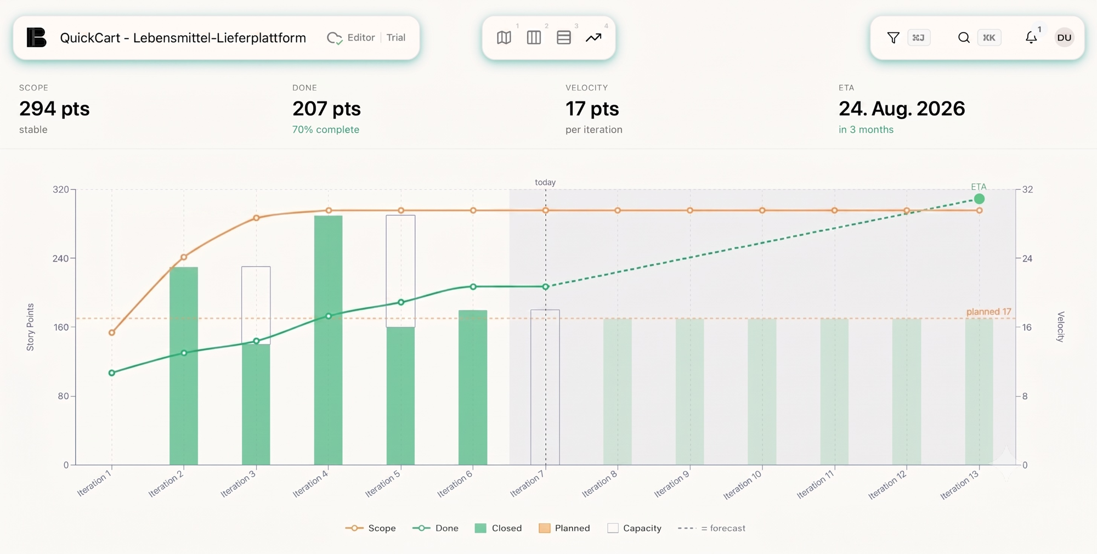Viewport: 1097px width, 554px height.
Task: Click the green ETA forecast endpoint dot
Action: (979, 199)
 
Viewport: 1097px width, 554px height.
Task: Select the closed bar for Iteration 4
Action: (328, 340)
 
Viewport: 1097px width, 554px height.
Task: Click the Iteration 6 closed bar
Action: (473, 387)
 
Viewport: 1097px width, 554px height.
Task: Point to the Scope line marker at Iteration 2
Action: (184, 257)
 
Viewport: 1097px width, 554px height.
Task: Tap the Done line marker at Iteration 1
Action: (112, 373)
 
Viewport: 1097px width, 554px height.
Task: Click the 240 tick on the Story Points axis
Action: (60, 258)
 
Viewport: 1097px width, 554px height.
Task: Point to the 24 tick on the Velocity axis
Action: (1027, 258)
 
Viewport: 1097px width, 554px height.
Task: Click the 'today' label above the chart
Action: (545, 182)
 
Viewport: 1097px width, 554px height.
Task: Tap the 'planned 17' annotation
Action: (988, 312)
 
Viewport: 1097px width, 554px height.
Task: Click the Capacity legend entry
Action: (635, 528)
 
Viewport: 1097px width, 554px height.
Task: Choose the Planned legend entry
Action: (564, 528)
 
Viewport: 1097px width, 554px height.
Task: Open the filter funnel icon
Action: (893, 37)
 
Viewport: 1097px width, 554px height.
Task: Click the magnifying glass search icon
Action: (964, 37)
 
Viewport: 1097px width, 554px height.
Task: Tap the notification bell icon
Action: (1031, 37)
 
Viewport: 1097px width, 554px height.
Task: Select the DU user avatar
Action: (1064, 37)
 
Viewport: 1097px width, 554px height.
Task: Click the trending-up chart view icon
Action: (593, 37)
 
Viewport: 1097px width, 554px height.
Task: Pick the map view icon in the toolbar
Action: (504, 37)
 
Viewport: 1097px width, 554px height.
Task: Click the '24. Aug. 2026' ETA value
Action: (902, 109)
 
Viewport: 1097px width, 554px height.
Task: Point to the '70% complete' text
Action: (326, 129)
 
